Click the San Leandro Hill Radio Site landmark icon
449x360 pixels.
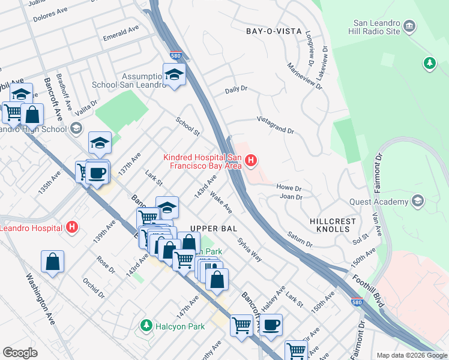coord(410,26)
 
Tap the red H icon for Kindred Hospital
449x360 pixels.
coord(252,161)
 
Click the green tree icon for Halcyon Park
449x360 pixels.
coord(145,326)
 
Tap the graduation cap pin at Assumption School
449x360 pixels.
coord(174,74)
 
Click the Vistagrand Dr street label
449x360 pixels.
coord(276,127)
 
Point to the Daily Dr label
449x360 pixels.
coord(236,89)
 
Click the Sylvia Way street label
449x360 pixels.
coord(249,249)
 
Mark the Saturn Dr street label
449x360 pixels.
coord(300,240)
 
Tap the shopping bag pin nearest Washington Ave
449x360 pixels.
coord(53,262)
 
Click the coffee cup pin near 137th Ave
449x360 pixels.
coord(97,173)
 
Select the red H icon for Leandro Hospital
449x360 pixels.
coord(72,227)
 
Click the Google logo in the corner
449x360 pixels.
coord(20,353)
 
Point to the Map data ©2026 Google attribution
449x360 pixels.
coord(412,355)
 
